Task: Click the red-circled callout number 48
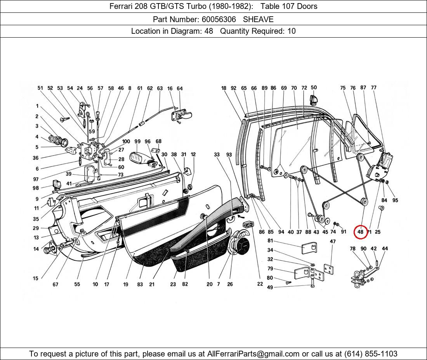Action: coord(360,232)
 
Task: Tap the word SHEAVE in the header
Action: coord(258,19)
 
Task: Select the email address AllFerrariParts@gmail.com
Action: coord(253,354)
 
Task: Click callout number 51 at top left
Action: coord(40,88)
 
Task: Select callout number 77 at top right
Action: coord(373,88)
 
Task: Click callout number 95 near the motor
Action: coord(395,200)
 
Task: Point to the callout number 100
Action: coord(126,142)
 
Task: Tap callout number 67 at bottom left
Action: coord(56,284)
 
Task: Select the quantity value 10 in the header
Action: coord(291,31)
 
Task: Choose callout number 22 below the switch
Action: coord(260,284)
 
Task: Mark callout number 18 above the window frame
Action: coord(224,88)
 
